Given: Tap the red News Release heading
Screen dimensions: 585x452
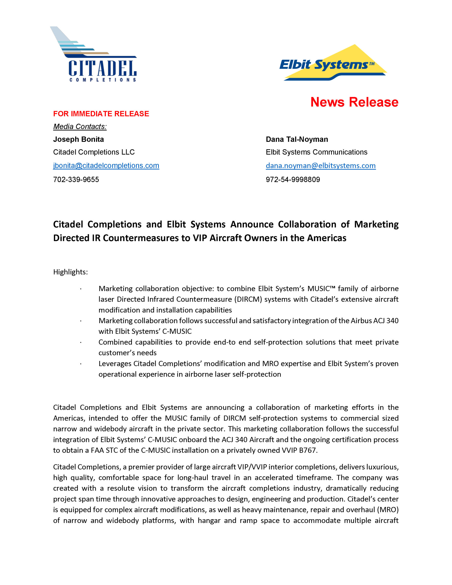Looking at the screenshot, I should (x=354, y=102).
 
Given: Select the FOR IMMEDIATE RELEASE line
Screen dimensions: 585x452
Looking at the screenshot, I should (x=101, y=114).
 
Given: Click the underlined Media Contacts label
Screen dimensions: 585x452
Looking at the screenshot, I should (x=80, y=126).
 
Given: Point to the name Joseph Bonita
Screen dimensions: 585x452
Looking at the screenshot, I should (x=78, y=139).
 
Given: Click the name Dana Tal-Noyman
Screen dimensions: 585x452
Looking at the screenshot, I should (x=297, y=139).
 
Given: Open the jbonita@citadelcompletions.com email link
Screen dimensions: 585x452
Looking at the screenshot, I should (x=106, y=165).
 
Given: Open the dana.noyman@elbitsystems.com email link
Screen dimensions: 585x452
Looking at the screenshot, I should (x=320, y=165).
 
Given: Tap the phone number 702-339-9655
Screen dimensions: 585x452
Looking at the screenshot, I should (x=76, y=179).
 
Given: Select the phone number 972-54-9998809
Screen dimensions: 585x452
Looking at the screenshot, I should (x=292, y=179).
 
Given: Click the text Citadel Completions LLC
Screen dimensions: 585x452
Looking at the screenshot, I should (x=94, y=152).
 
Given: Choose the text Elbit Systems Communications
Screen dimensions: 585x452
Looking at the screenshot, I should (x=316, y=152).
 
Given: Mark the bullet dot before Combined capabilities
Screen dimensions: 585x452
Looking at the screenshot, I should (x=80, y=343).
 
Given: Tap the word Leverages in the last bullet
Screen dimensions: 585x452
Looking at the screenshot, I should (x=115, y=364).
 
